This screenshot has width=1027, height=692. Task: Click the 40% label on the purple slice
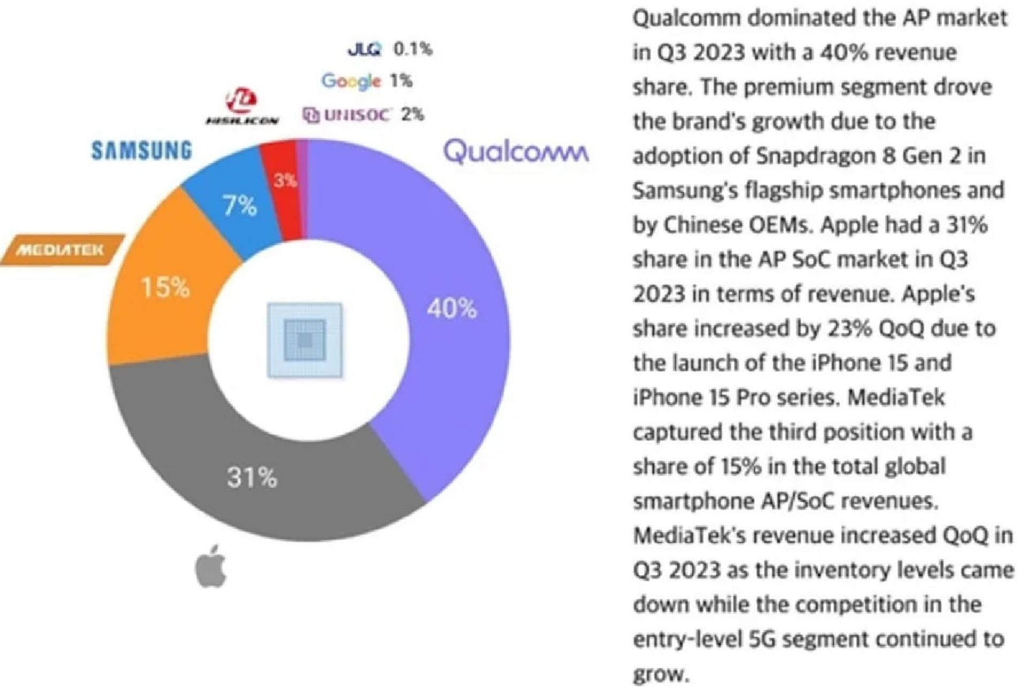coord(451,309)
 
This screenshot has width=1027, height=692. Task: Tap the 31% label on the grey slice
coord(252,477)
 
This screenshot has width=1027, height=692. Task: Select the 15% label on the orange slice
coord(165,288)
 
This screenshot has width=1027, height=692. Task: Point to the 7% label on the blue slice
coord(240,205)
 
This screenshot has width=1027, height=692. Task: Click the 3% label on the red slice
coord(285,181)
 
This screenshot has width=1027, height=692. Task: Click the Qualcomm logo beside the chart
coord(516,151)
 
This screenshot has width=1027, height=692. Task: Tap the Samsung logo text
coord(141,150)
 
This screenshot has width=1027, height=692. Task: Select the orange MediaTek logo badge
coord(62,250)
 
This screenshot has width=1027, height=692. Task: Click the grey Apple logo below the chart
coord(211,566)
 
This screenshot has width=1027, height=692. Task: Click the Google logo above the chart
coord(351,81)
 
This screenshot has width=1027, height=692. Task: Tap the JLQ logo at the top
coord(364,49)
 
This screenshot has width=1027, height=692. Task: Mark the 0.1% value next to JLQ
coord(412,49)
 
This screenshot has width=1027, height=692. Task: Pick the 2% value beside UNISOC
coord(412,114)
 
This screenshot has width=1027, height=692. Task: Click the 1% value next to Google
coord(401,81)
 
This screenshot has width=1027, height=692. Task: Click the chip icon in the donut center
coord(305,340)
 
